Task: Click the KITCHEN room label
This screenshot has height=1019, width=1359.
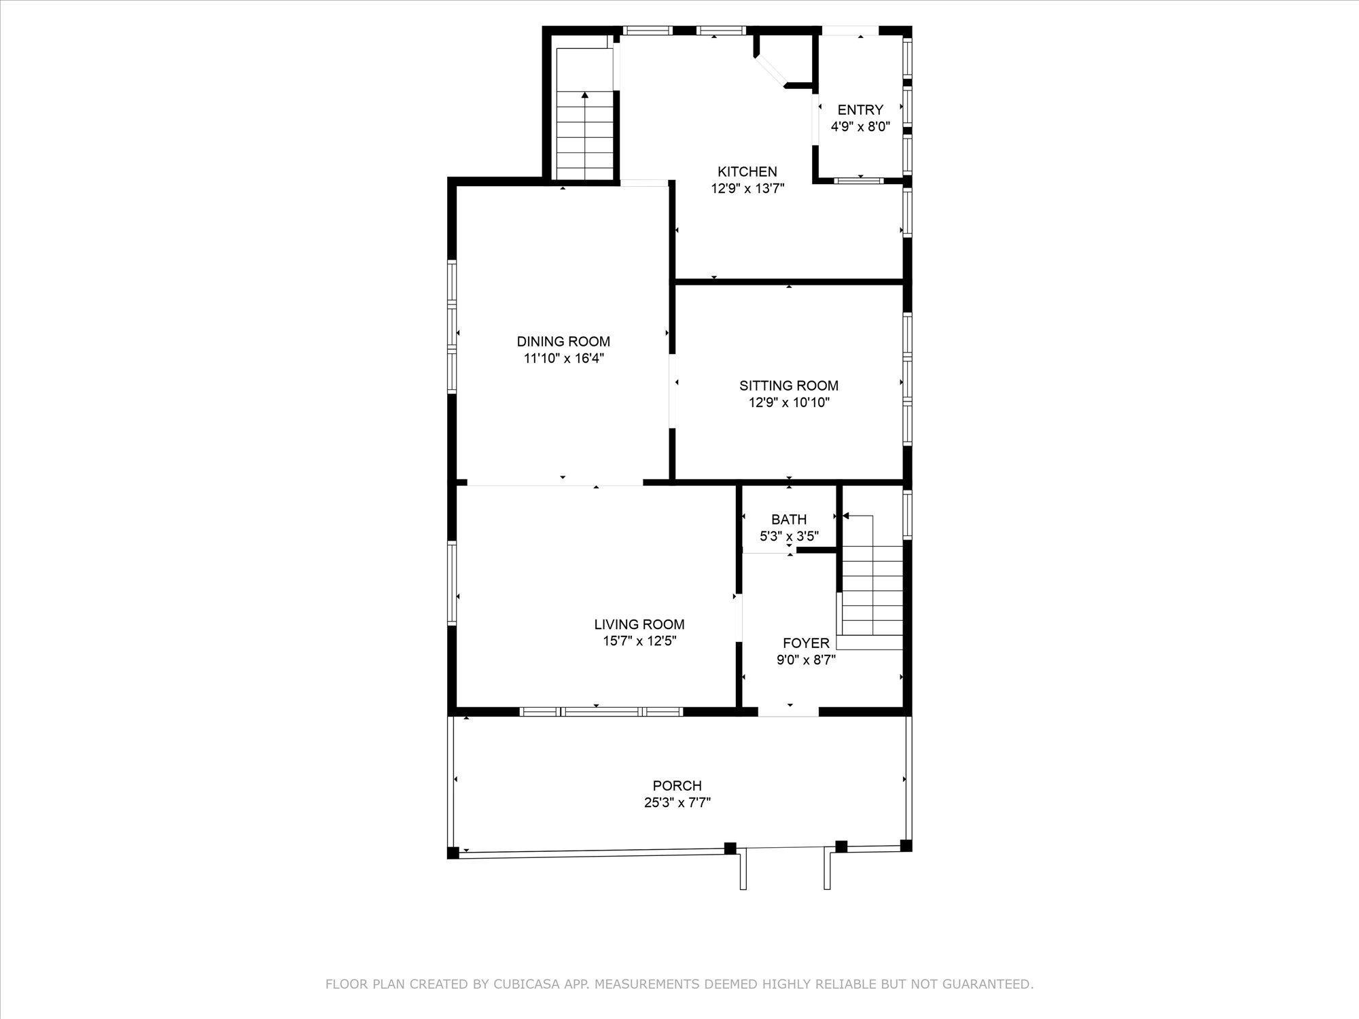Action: pyautogui.click(x=747, y=172)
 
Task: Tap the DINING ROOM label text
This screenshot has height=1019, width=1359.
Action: pyautogui.click(x=563, y=342)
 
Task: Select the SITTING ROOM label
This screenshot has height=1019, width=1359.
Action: pyautogui.click(x=789, y=386)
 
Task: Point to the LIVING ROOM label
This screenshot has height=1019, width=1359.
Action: pyautogui.click(x=639, y=624)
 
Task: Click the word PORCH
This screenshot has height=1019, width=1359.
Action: pyautogui.click(x=677, y=786)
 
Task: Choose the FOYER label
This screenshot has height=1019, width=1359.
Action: pyautogui.click(x=806, y=643)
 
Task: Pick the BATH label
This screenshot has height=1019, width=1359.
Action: pyautogui.click(x=789, y=520)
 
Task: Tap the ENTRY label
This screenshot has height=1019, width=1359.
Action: pyautogui.click(x=860, y=110)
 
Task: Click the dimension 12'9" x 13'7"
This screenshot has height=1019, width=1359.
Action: pyautogui.click(x=747, y=189)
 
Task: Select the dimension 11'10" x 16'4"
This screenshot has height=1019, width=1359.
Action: pyautogui.click(x=563, y=359)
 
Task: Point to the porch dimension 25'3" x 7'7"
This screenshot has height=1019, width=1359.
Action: pyautogui.click(x=677, y=803)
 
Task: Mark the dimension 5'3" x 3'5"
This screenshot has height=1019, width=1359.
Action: pyautogui.click(x=789, y=537)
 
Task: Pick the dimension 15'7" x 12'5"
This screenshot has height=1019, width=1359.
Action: pyautogui.click(x=639, y=641)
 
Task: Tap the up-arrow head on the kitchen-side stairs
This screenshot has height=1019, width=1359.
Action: pyautogui.click(x=585, y=96)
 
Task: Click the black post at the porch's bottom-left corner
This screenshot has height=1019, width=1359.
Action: pyautogui.click(x=453, y=853)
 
